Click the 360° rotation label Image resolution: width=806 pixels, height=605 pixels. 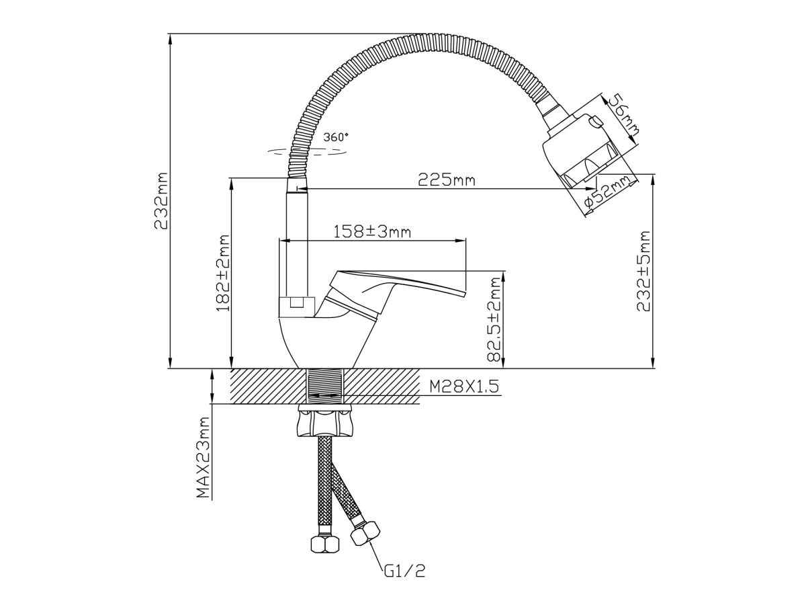pos(336,136)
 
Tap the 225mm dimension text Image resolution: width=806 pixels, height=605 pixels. pos(447,180)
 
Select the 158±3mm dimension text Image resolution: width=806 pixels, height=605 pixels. pos(372,231)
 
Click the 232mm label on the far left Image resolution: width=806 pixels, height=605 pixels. pos(161,202)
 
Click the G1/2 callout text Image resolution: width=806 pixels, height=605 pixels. pos(406,572)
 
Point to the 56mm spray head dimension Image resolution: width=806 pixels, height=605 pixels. pos(621,114)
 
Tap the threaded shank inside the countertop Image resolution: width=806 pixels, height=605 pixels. pos(324,387)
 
